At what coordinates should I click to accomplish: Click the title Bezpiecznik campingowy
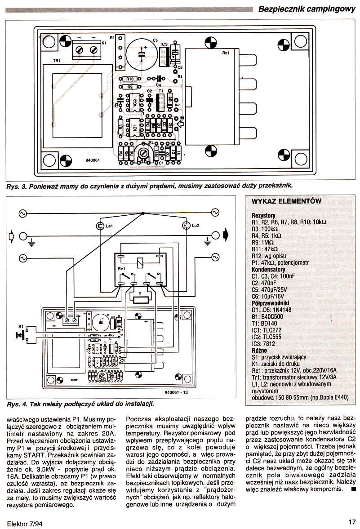[307, 9]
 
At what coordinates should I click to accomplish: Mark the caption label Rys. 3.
[16, 186]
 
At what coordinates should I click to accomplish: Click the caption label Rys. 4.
[16, 404]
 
